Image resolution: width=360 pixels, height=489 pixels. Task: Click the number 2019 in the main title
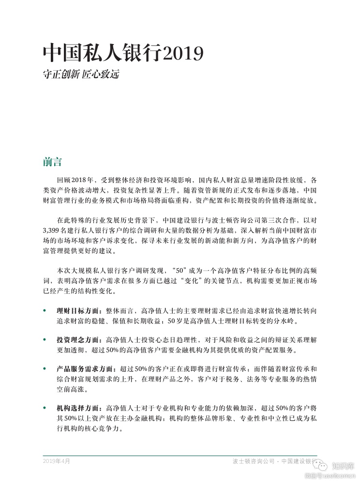click(183, 53)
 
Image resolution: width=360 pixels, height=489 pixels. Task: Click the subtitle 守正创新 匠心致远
click(80, 75)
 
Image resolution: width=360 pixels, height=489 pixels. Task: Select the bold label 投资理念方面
click(78, 339)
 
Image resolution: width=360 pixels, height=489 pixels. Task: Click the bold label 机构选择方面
click(78, 408)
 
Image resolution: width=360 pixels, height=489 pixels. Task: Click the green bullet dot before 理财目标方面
click(45, 309)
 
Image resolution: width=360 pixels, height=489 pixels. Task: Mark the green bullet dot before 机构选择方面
click(45, 408)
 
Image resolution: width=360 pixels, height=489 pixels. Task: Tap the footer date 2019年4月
click(56, 461)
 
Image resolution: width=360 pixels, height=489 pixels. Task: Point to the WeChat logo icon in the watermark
click(320, 466)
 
